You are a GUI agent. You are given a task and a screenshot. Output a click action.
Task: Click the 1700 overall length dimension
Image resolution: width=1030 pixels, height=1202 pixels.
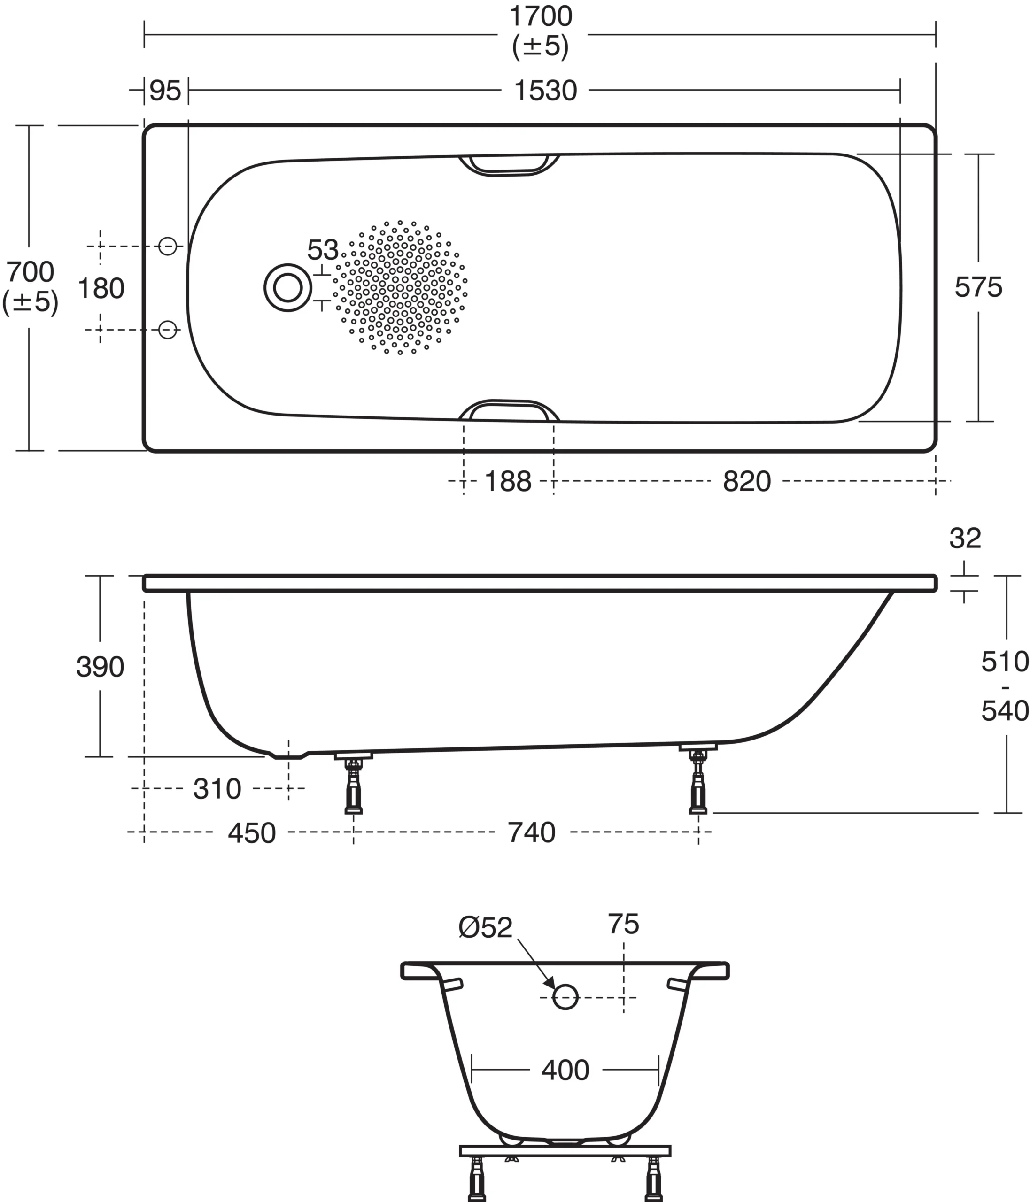(540, 17)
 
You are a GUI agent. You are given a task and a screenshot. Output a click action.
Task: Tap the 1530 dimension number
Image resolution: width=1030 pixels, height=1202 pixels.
(545, 91)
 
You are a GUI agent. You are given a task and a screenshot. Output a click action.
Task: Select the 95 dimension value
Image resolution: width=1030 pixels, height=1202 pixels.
(165, 91)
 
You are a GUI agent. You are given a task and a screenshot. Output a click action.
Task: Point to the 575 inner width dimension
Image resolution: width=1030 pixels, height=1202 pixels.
(978, 288)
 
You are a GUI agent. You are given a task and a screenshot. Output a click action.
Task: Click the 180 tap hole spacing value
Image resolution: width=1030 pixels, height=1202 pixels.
(101, 289)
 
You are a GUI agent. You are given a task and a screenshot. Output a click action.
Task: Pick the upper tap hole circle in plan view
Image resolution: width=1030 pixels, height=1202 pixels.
(168, 247)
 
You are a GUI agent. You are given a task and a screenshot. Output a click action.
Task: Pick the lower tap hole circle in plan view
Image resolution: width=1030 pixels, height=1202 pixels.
(168, 330)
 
